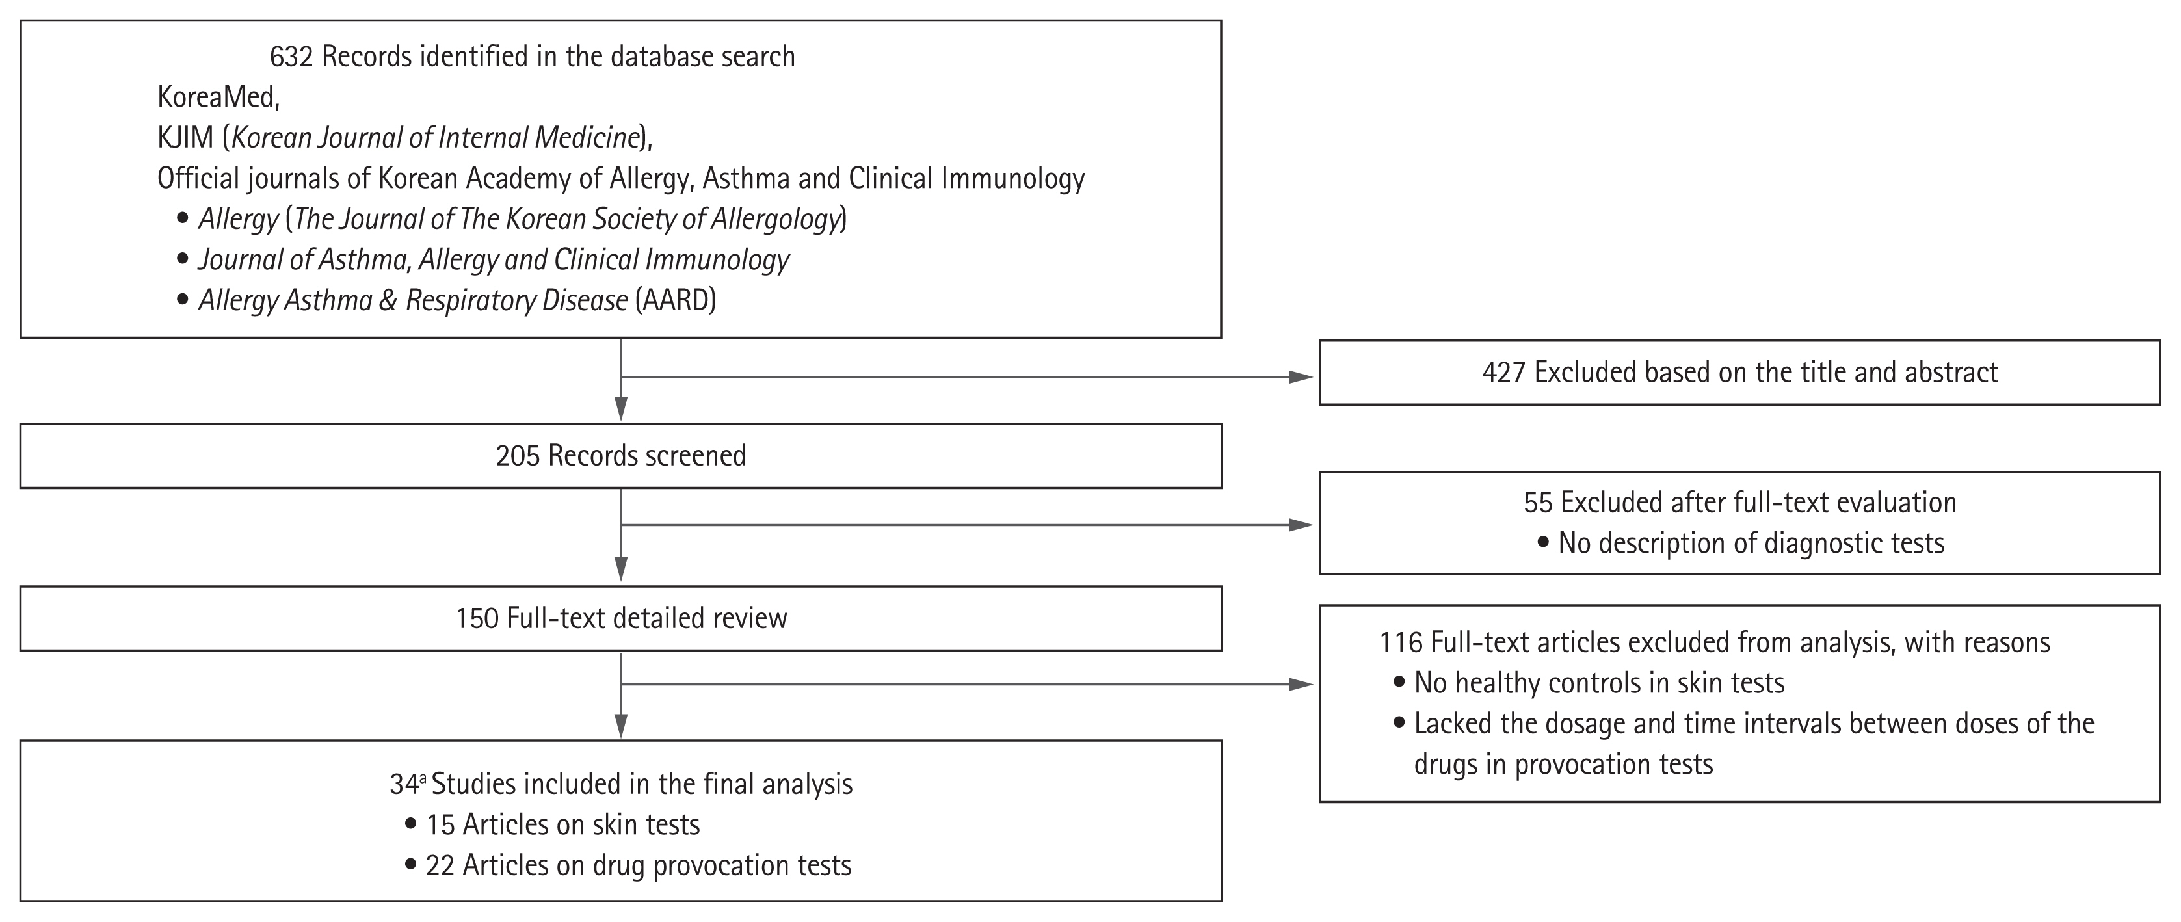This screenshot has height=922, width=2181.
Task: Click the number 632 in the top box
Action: (x=291, y=57)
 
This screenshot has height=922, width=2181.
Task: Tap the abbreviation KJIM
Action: (x=185, y=137)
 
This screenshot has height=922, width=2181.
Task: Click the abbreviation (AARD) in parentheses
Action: (x=676, y=300)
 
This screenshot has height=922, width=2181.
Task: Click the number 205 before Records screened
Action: (x=518, y=456)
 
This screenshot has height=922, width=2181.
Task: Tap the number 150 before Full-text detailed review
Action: (x=477, y=618)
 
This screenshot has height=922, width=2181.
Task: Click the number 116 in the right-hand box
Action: (x=1401, y=642)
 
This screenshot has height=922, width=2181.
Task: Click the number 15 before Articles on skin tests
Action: (x=440, y=824)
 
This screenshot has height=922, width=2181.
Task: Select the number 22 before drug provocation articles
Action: (x=440, y=865)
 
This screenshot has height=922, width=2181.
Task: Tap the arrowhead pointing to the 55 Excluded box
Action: (x=1301, y=525)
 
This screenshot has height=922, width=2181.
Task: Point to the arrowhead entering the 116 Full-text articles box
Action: (x=1301, y=684)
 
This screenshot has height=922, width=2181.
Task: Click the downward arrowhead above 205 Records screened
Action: (x=622, y=409)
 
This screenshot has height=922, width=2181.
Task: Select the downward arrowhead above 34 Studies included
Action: (x=622, y=726)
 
